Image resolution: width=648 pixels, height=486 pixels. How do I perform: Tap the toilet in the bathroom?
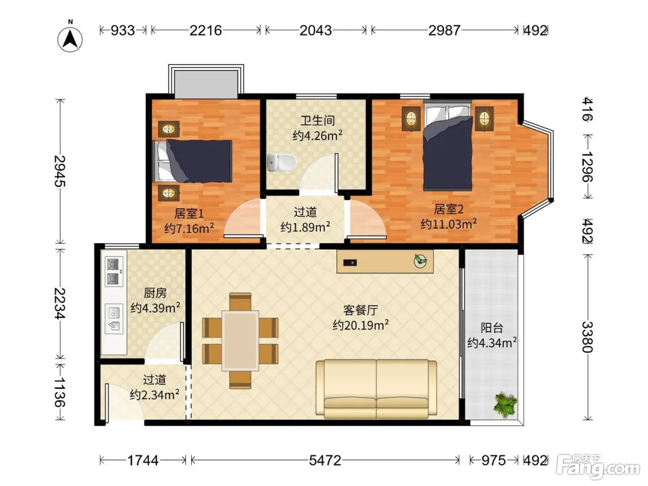(281, 162)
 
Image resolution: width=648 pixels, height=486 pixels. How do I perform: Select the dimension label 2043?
(316, 31)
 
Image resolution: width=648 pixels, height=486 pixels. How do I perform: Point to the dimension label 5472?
(325, 461)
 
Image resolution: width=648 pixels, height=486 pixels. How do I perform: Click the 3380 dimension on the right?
(587, 337)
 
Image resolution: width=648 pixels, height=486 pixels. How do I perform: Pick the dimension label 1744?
(143, 461)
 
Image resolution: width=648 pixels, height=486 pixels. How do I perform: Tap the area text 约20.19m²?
(361, 325)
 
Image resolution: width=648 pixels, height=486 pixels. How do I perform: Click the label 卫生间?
(318, 121)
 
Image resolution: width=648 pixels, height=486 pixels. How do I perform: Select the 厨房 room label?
(155, 293)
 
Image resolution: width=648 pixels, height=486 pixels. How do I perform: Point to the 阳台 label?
(492, 328)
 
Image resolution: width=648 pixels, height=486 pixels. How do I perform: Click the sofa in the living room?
(376, 389)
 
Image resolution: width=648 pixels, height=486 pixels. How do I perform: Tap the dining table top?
(240, 340)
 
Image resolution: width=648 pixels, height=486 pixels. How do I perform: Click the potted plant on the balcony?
(505, 404)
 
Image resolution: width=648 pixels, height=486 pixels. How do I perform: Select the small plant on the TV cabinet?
(420, 261)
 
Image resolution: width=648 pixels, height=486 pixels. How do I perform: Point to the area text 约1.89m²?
(305, 227)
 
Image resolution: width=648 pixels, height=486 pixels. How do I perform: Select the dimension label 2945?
(60, 171)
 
